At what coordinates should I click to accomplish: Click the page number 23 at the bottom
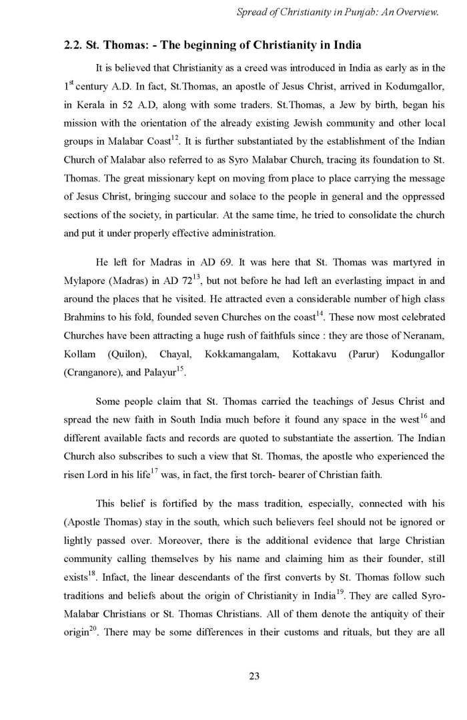click(254, 676)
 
